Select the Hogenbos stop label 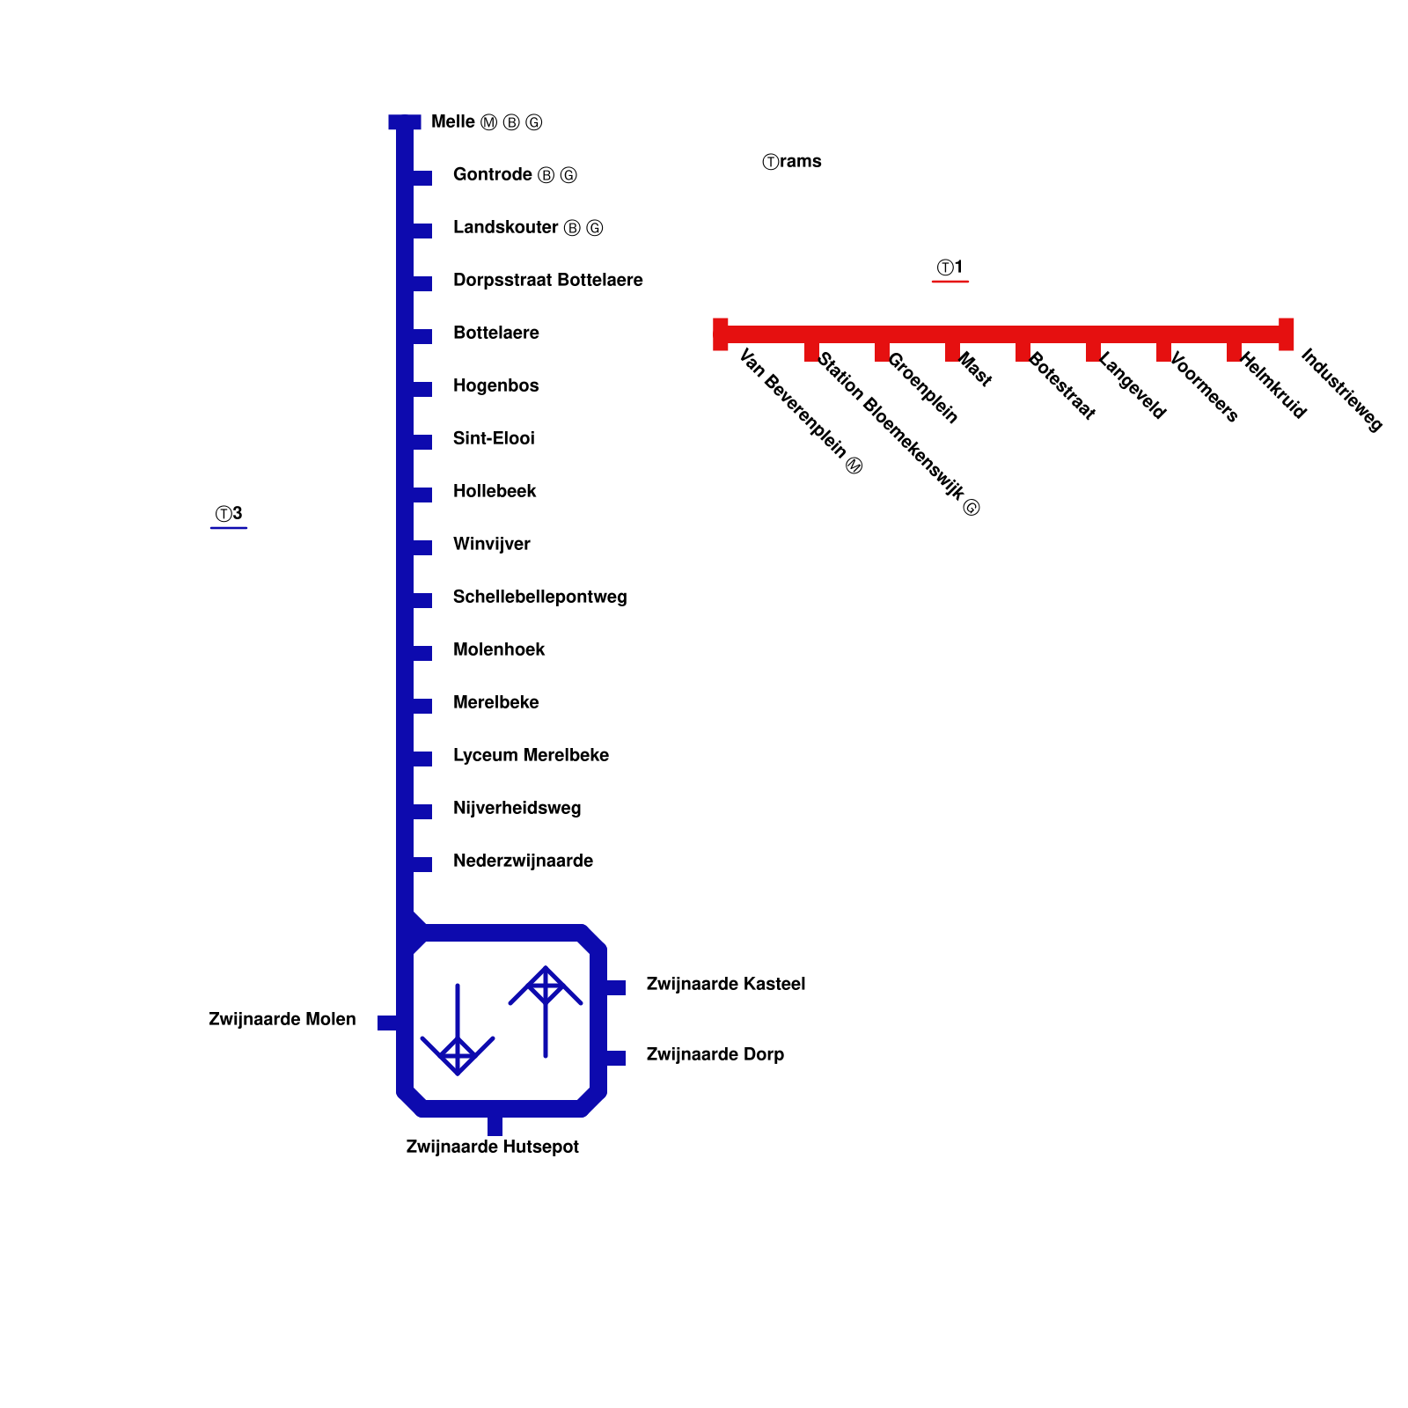tap(495, 385)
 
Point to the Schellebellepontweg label tap(539, 597)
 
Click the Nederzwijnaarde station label tap(523, 861)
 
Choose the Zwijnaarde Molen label tap(282, 1019)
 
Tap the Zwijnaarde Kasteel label tap(725, 984)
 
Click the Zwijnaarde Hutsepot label tap(492, 1147)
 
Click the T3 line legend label tap(229, 514)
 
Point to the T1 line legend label tap(950, 268)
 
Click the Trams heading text tap(792, 161)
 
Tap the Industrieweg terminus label tap(1341, 390)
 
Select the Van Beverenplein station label tap(800, 411)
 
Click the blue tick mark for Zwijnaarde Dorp tap(616, 1058)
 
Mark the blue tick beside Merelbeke tap(422, 706)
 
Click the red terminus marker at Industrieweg tap(1286, 334)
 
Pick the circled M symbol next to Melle tap(489, 122)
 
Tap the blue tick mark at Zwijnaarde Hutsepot tap(495, 1126)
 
